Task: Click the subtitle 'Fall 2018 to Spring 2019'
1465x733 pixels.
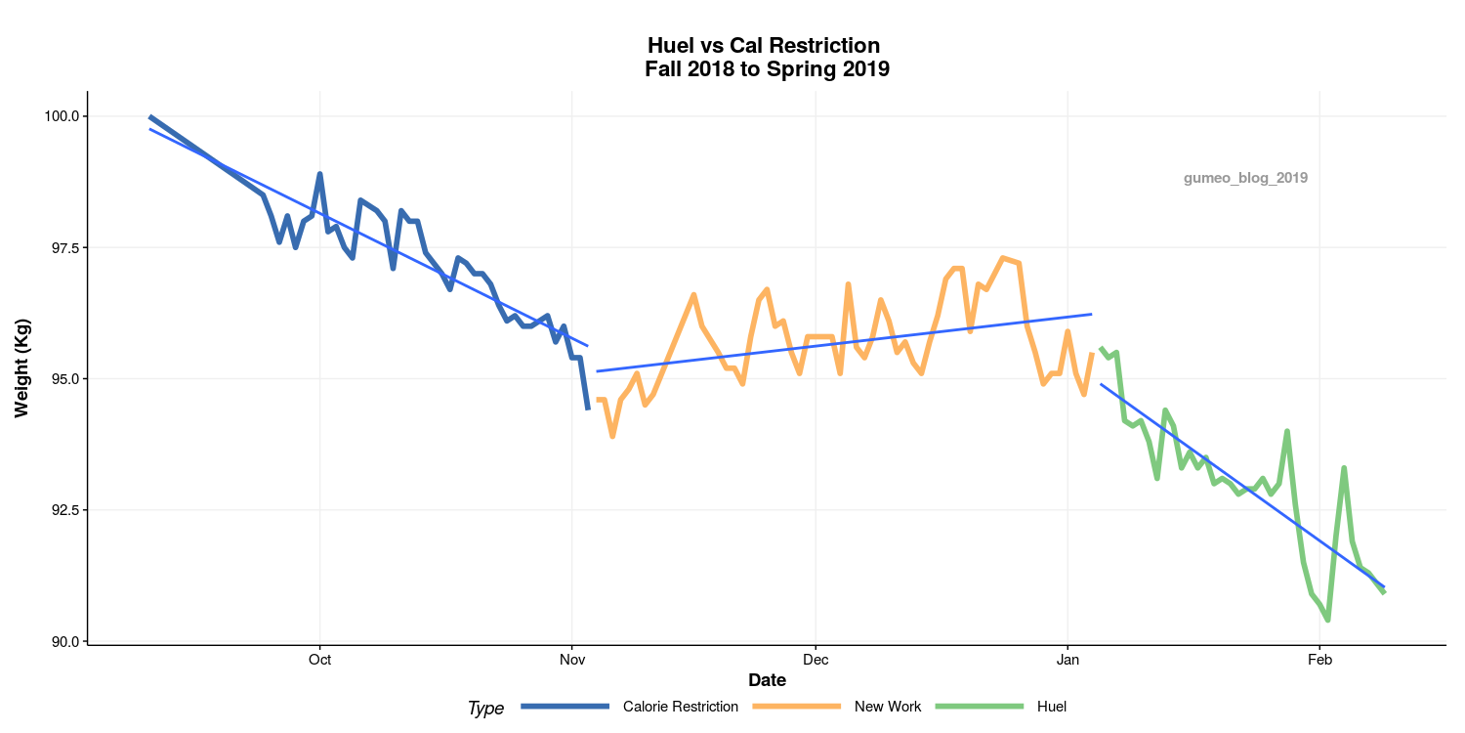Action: [x=767, y=69]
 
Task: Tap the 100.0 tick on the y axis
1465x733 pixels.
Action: [x=62, y=116]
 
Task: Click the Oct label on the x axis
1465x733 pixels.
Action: [x=319, y=660]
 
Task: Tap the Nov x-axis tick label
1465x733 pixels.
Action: [x=571, y=660]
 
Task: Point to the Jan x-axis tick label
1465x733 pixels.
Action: [x=1067, y=660]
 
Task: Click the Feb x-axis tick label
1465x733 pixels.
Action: [x=1319, y=660]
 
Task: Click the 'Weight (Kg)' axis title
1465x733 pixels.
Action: [x=22, y=366]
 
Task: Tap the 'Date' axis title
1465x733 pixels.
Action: [x=767, y=680]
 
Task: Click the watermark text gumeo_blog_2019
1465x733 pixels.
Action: [x=1245, y=178]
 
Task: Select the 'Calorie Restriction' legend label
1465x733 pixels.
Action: [x=680, y=707]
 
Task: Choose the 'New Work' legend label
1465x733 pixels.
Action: [x=887, y=707]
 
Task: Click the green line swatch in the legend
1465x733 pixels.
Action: [x=980, y=707]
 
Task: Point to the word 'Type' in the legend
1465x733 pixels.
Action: [x=485, y=709]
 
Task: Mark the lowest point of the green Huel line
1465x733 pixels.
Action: [x=1327, y=620]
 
